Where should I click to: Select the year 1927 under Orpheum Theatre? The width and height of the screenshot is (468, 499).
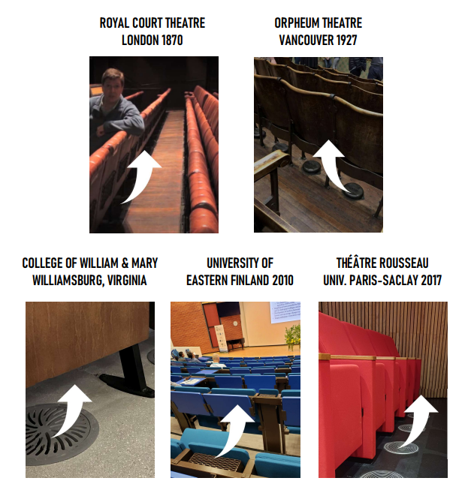pos(346,41)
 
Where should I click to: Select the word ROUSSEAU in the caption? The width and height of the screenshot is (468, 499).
pos(412,263)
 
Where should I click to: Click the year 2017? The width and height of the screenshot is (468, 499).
pos(427,281)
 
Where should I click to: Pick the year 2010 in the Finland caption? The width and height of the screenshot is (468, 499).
pos(280,281)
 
